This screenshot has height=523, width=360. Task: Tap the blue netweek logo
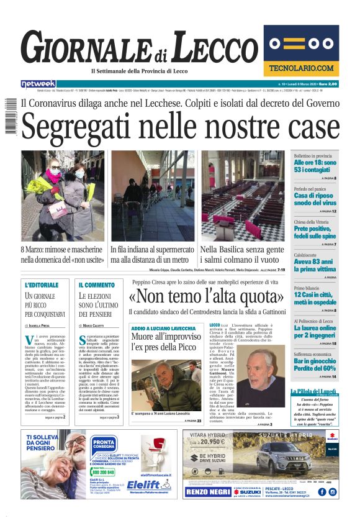[38, 83]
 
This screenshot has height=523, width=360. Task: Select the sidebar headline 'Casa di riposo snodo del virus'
[315, 199]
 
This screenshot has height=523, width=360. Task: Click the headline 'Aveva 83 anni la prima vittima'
[315, 265]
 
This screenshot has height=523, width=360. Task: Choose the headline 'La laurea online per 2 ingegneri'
[315, 330]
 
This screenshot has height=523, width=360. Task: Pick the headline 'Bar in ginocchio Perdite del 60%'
[315, 364]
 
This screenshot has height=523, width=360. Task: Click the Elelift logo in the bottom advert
[149, 485]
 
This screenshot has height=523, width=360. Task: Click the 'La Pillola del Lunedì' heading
[315, 391]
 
